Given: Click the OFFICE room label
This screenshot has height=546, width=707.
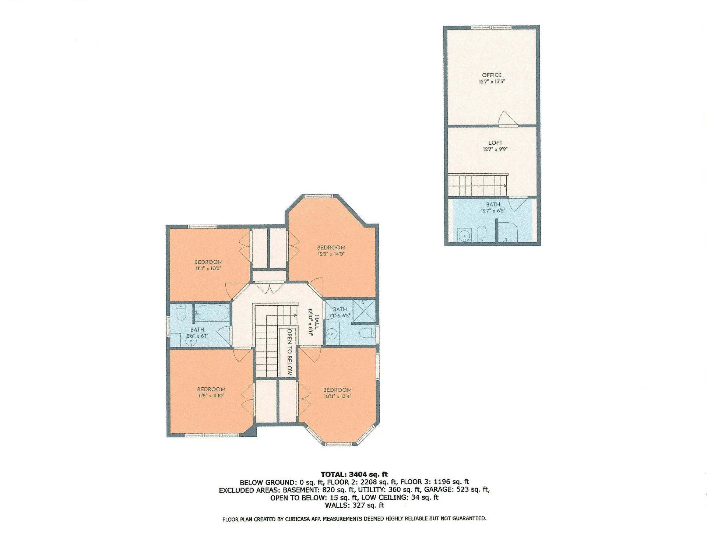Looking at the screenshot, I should pyautogui.click(x=492, y=75).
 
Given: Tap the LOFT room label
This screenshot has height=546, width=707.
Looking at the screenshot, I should pyautogui.click(x=495, y=143).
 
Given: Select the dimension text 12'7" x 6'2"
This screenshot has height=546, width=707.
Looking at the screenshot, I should pyautogui.click(x=493, y=211).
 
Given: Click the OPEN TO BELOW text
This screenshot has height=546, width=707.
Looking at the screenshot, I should pyautogui.click(x=289, y=352).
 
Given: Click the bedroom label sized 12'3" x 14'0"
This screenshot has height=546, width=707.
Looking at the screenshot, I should pyautogui.click(x=331, y=248).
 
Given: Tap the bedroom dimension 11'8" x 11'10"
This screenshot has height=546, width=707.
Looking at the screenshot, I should pyautogui.click(x=211, y=396).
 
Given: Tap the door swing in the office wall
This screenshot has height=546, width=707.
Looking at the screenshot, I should pyautogui.click(x=504, y=119).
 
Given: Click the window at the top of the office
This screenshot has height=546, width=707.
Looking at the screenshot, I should pyautogui.click(x=491, y=27).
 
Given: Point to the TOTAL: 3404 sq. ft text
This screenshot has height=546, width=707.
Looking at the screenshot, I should pyautogui.click(x=354, y=474).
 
